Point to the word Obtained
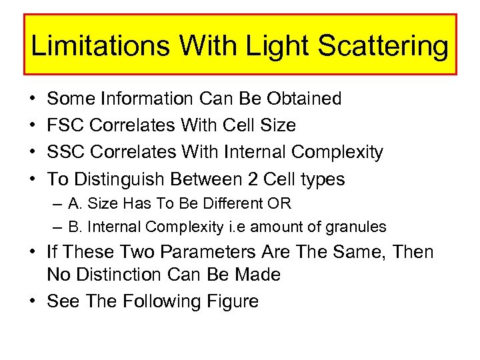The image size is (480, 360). point(304,99)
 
